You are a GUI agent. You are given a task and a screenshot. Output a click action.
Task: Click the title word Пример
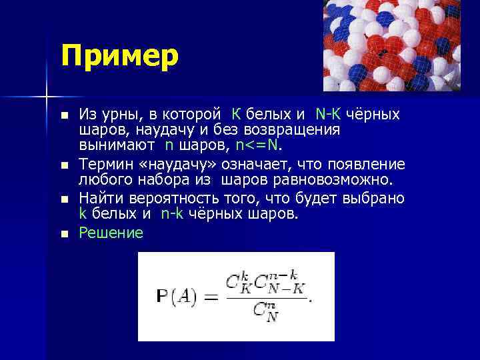(x=120, y=55)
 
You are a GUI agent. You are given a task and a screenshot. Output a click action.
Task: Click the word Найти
(x=100, y=199)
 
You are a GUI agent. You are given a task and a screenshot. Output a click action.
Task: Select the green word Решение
(x=111, y=233)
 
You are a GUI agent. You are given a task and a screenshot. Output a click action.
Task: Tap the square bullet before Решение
(x=64, y=233)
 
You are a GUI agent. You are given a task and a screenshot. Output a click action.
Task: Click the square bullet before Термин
(x=64, y=164)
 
